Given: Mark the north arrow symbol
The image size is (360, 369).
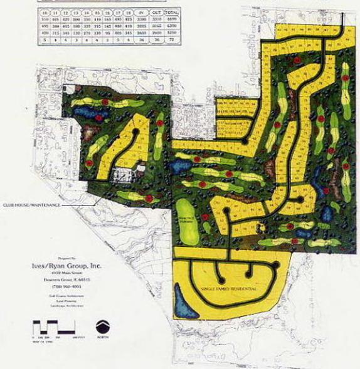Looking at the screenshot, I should pos(103,327).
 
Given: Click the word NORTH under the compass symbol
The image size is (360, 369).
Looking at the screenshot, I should pos(103,341).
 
